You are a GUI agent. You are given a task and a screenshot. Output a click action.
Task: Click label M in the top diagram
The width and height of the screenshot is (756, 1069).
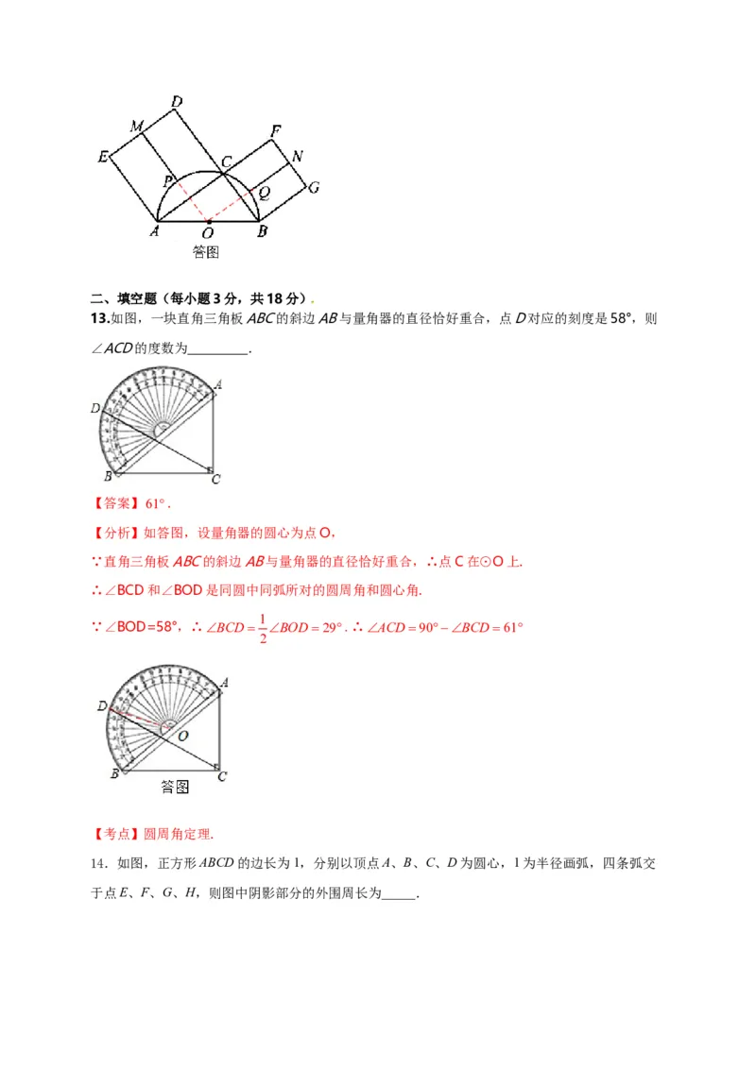click(x=137, y=127)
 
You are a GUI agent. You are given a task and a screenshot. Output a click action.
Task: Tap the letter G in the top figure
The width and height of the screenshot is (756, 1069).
click(x=313, y=187)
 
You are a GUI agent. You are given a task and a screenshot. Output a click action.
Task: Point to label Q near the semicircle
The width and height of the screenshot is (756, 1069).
click(x=266, y=192)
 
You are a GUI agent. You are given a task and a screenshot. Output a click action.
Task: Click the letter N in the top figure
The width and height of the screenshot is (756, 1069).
click(x=297, y=156)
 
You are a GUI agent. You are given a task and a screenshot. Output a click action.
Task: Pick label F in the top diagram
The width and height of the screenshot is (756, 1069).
click(x=275, y=130)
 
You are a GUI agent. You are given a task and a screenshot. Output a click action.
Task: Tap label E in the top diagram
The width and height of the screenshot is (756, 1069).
click(x=103, y=157)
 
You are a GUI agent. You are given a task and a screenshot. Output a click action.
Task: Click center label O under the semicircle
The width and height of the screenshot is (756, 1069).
click(x=207, y=232)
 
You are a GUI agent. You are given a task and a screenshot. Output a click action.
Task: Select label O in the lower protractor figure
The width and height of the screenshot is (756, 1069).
click(x=183, y=734)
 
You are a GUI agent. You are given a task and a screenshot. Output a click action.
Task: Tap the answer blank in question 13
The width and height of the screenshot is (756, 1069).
click(x=219, y=349)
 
